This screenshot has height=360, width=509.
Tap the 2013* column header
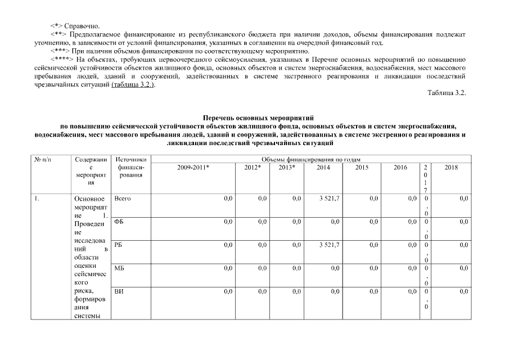(287, 168)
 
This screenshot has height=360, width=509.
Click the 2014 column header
(323, 168)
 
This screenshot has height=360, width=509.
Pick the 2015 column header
(362, 168)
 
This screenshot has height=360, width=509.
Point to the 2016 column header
(400, 168)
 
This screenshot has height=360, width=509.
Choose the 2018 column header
(451, 168)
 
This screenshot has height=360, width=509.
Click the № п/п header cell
(43, 160)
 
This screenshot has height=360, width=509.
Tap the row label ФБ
(119, 222)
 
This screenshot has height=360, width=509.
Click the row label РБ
(118, 245)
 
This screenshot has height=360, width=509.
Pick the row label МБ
(119, 268)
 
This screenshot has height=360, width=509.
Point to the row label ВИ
(119, 291)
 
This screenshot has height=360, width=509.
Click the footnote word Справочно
(82, 26)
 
